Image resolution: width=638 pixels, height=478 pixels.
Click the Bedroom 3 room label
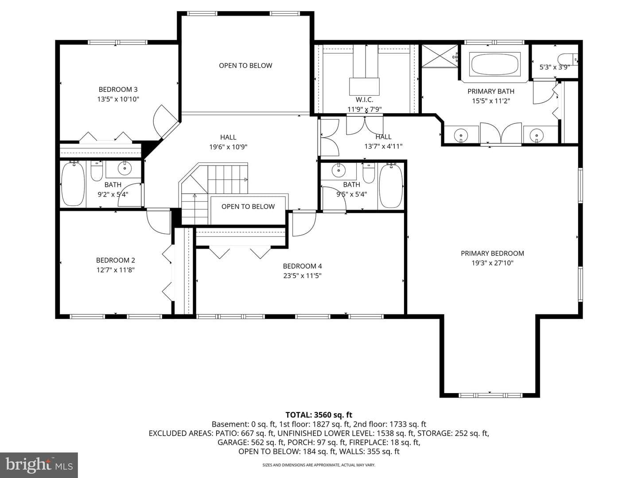[118, 89]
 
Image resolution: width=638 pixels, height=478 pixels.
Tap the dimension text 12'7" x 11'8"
[115, 270]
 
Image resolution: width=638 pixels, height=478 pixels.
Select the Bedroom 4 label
[302, 266]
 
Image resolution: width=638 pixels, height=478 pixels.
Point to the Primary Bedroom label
[492, 253]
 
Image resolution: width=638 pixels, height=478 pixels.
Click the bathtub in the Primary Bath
[494, 64]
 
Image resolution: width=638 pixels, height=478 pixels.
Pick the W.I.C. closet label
[365, 100]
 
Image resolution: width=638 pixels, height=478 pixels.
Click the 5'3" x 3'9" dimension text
[555, 67]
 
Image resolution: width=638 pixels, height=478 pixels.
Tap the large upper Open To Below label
[245, 66]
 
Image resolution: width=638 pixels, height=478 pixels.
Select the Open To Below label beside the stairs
[248, 206]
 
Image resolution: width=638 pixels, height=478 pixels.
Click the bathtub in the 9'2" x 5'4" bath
[73, 184]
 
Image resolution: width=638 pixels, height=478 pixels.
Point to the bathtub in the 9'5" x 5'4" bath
[391, 186]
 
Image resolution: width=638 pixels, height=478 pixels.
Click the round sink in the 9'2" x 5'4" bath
[125, 168]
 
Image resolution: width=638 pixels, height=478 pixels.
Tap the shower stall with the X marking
[440, 56]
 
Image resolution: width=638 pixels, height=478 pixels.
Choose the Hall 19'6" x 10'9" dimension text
[228, 147]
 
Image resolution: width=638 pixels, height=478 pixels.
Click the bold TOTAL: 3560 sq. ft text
[319, 415]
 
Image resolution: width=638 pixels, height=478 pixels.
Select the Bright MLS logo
[39, 465]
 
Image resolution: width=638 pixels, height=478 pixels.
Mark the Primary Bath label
[491, 92]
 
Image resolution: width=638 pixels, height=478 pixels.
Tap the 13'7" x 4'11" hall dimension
[383, 146]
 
